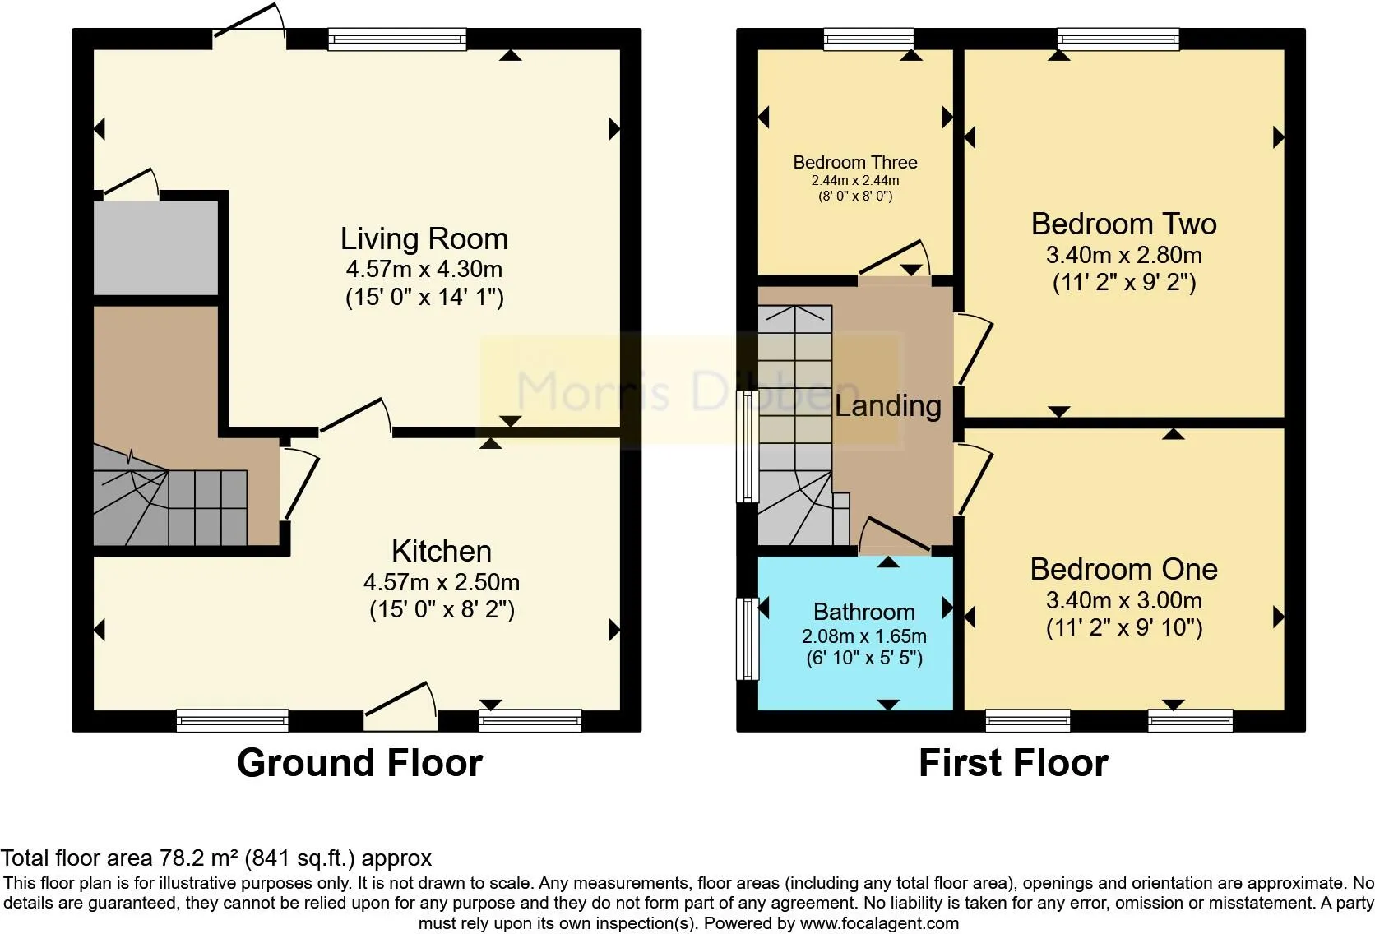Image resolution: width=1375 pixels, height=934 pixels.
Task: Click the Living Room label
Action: tap(424, 238)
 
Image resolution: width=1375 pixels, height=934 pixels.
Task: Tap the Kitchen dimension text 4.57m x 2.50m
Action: tap(442, 582)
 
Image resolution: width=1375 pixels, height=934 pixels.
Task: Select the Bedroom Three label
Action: tap(855, 163)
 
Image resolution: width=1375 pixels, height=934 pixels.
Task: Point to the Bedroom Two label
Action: tap(1123, 224)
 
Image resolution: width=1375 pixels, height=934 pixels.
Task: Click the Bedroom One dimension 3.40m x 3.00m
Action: tap(1124, 600)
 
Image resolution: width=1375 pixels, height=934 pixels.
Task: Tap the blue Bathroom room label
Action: tap(864, 612)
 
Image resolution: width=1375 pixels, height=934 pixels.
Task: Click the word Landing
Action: tap(887, 406)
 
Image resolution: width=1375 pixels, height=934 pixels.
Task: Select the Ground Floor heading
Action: tap(359, 763)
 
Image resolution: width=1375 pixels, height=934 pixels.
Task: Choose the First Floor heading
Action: tap(1013, 763)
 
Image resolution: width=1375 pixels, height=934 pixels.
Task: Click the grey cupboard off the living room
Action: tap(156, 248)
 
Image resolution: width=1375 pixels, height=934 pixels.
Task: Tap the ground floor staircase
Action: tap(170, 496)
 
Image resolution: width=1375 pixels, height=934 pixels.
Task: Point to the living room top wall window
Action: tap(397, 39)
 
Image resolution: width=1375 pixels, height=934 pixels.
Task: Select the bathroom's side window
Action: tap(748, 639)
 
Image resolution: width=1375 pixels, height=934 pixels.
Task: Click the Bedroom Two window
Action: tap(1118, 39)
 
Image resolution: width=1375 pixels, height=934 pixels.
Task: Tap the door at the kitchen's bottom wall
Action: tap(400, 705)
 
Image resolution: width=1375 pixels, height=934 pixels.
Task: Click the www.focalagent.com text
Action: tap(879, 923)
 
